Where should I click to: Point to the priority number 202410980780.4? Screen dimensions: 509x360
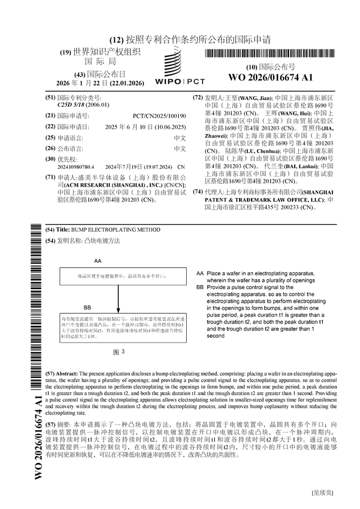76,167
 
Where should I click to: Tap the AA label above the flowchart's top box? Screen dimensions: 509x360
98,262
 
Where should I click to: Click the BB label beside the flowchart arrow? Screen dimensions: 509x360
87,308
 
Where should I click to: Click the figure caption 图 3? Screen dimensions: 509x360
119,352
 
